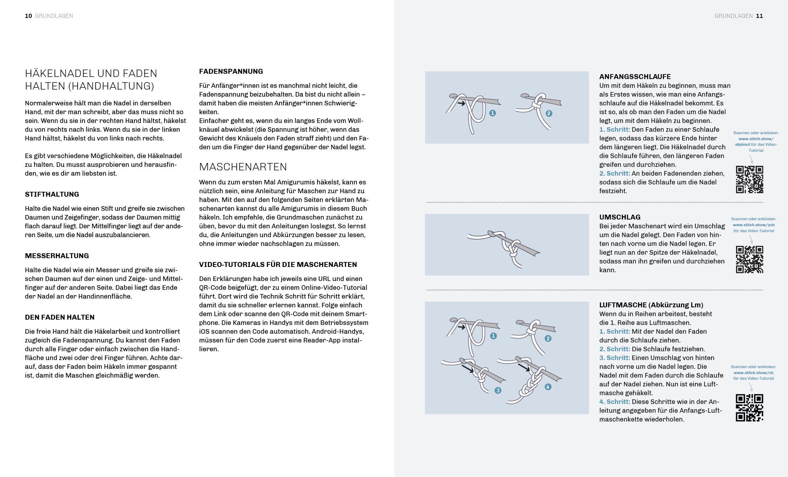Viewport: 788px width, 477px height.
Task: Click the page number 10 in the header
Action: coord(28,16)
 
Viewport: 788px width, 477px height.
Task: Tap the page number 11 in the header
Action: coord(760,16)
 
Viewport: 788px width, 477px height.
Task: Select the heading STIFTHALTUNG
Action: coord(52,194)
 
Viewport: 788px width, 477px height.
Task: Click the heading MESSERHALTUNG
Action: coord(57,256)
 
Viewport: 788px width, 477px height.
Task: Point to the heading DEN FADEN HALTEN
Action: coord(60,317)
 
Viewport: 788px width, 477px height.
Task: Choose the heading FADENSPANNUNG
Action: coord(231,71)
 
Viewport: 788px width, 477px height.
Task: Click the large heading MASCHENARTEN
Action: coord(243,166)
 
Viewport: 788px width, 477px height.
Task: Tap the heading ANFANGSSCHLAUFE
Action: coord(635,77)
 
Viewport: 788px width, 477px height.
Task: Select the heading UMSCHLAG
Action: coord(620,217)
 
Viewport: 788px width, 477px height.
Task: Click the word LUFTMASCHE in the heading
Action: coord(623,305)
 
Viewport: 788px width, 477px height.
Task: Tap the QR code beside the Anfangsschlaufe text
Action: coord(749,179)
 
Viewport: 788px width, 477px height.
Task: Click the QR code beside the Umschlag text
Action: coord(749,260)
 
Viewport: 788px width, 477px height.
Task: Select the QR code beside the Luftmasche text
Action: coord(749,408)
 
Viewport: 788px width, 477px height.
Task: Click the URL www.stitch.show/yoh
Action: coord(754,225)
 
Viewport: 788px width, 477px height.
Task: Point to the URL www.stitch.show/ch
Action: coord(754,373)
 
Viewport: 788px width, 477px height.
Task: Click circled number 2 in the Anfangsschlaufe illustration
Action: coord(549,113)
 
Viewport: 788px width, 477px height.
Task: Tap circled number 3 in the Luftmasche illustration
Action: coord(498,391)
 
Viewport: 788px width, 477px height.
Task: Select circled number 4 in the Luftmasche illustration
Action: coord(548,387)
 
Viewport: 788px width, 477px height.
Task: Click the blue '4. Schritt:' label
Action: coord(615,401)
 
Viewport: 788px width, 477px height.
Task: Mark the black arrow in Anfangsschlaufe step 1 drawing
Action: coord(461,103)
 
